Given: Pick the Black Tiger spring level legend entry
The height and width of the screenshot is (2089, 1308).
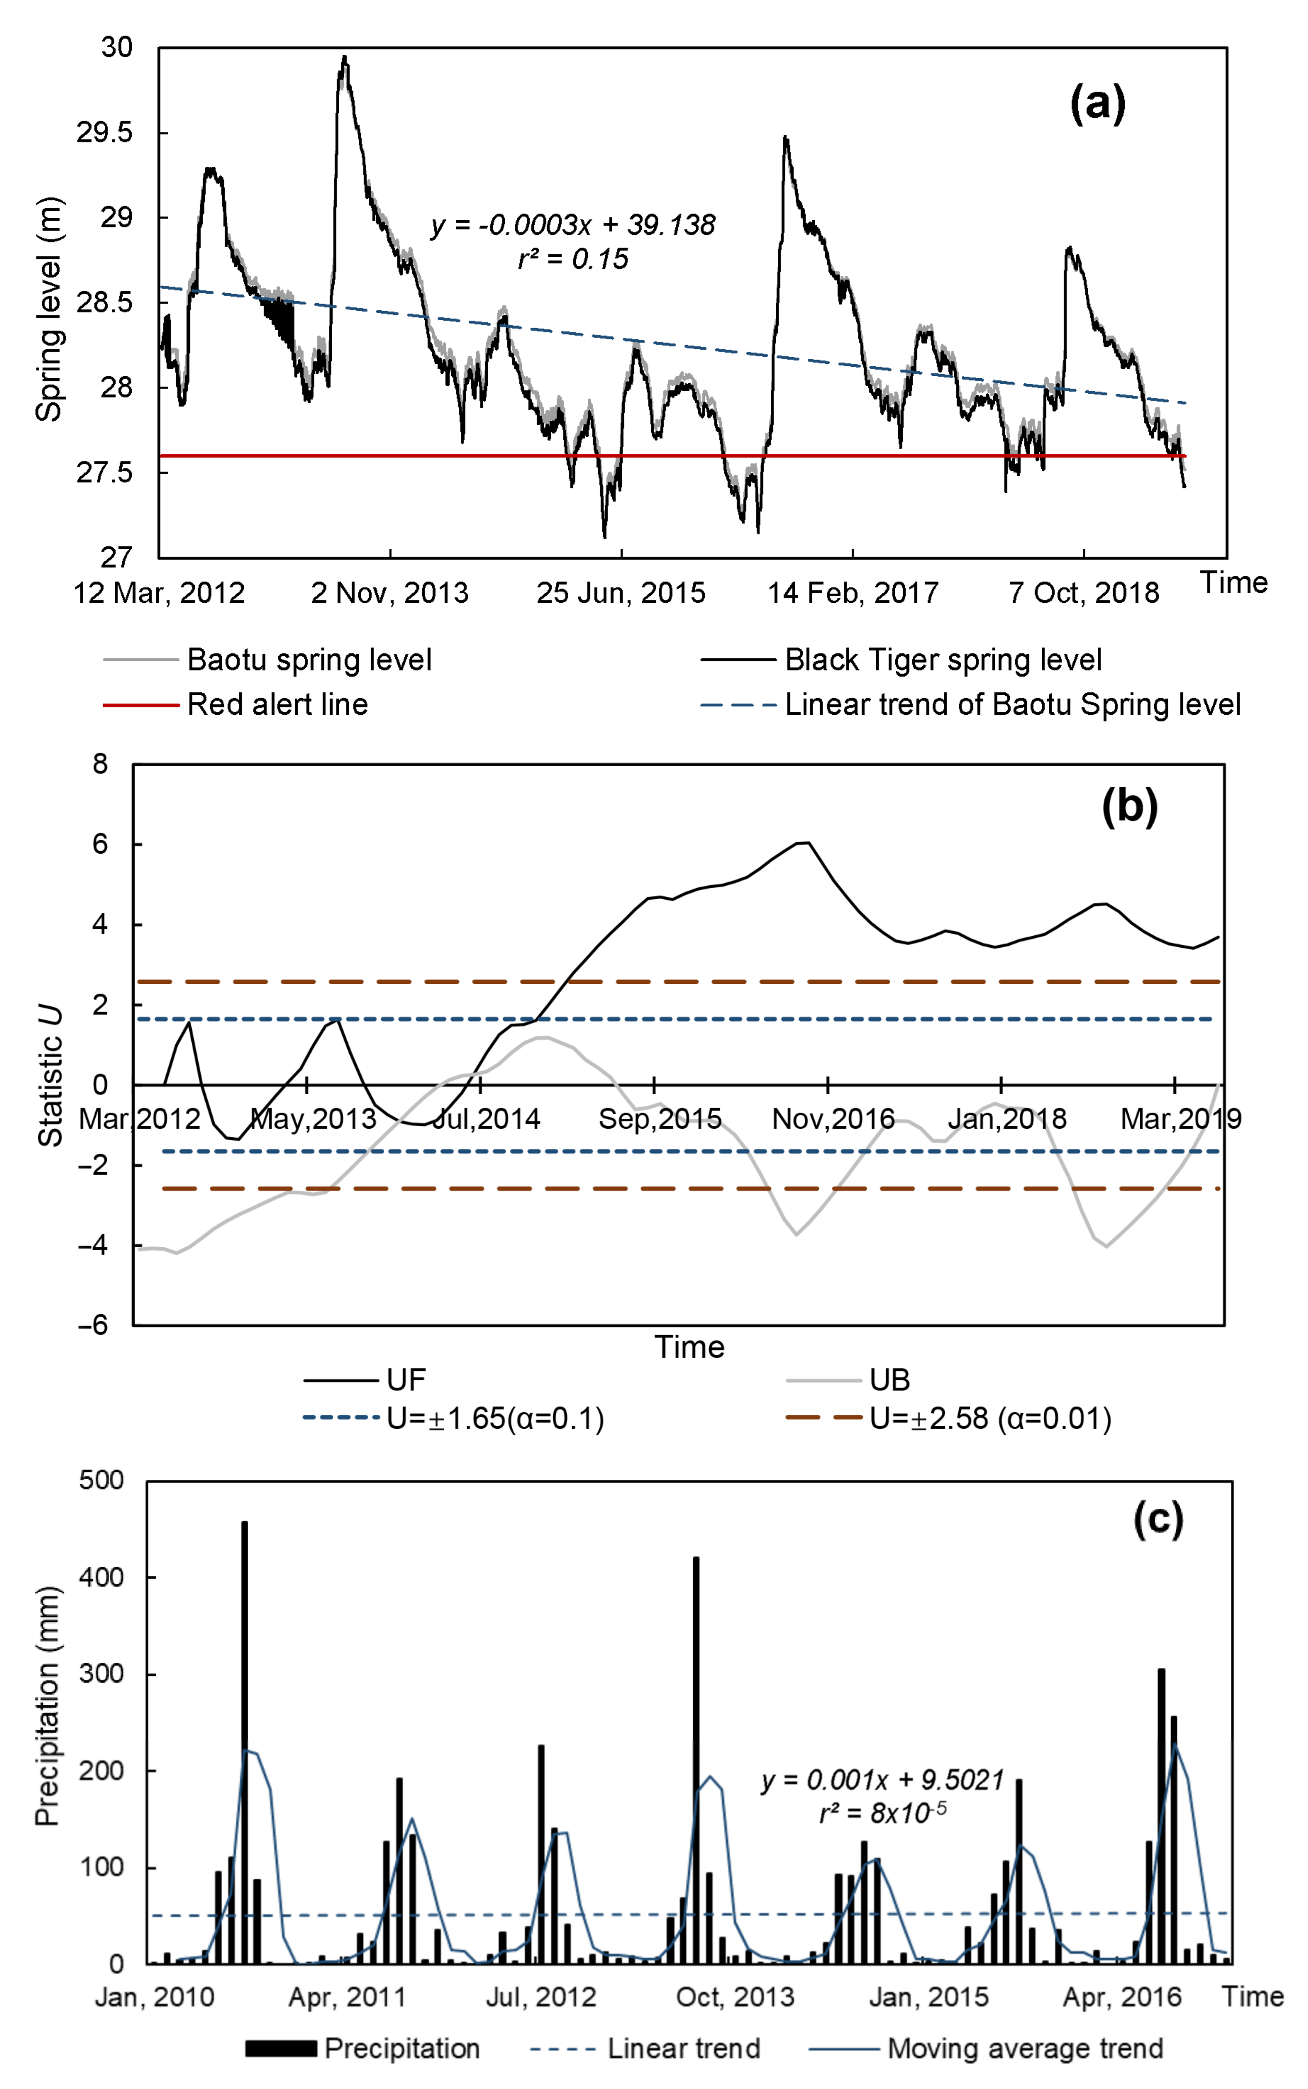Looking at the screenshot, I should click(x=943, y=660).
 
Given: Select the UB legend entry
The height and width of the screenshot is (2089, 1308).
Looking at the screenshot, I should click(x=889, y=1380).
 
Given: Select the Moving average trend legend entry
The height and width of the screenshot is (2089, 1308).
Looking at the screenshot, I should click(x=1025, y=2049).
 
